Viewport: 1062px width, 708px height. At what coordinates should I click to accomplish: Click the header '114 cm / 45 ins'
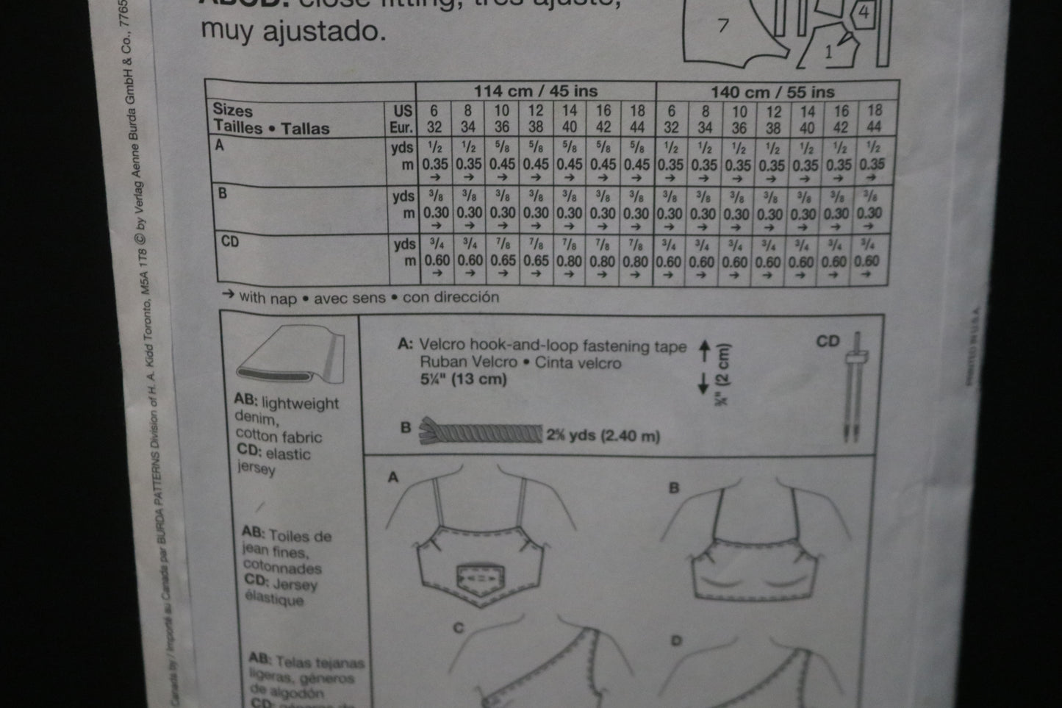pos(535,91)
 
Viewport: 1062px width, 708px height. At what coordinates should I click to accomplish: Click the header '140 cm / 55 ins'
pos(772,92)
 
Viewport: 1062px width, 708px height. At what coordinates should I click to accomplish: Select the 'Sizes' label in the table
pos(232,110)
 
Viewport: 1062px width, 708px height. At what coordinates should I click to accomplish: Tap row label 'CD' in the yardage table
pos(230,241)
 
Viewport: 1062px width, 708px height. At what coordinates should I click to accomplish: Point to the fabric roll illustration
pos(290,354)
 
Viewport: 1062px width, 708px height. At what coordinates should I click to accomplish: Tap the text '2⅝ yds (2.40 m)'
pos(603,435)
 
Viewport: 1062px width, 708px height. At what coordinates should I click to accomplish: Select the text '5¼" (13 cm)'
pos(463,379)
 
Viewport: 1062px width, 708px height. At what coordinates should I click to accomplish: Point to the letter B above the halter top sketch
pos(674,488)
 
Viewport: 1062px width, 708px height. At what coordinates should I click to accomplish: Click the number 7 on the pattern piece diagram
pos(723,26)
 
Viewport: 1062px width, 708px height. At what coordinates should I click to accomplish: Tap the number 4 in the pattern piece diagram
pos(864,12)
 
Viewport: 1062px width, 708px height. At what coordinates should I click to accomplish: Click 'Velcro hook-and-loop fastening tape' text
pos(553,346)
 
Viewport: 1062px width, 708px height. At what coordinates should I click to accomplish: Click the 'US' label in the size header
pos(403,110)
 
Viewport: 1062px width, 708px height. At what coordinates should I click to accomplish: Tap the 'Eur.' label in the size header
pos(401,126)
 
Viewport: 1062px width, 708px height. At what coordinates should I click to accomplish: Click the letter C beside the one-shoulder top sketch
pos(458,628)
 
